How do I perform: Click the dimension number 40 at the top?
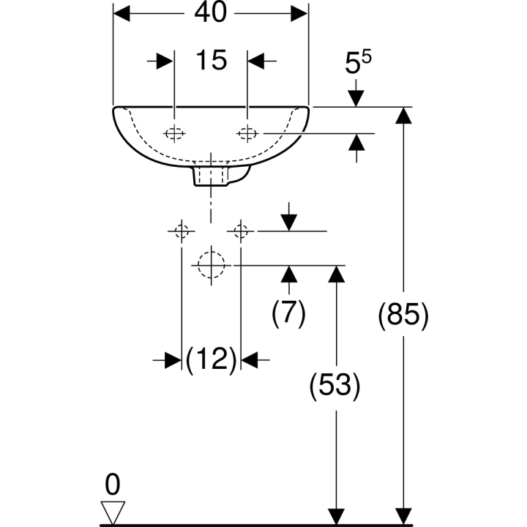point(211,12)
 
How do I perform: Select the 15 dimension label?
point(211,61)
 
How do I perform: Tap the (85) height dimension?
point(403,315)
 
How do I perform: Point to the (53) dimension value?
point(334,385)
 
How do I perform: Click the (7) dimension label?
point(288,313)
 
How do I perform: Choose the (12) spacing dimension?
point(211,359)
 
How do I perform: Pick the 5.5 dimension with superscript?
point(358,62)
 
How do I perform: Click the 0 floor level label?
point(113,485)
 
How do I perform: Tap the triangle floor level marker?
point(113,511)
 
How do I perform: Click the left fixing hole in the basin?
point(174,133)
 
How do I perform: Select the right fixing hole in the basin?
point(247,133)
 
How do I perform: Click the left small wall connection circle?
point(182,231)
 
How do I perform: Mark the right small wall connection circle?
point(241,231)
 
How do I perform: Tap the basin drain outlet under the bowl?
point(211,176)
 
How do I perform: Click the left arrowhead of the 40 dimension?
point(122,13)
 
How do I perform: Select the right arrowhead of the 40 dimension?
point(299,13)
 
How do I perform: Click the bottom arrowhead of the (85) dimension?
point(403,516)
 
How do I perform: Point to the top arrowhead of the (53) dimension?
point(337,274)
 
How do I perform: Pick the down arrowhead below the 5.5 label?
point(356,99)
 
